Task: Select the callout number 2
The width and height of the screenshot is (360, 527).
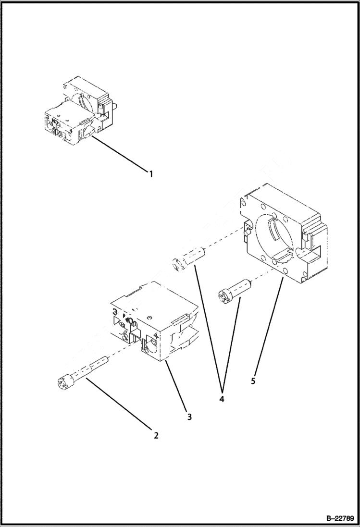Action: click(x=156, y=436)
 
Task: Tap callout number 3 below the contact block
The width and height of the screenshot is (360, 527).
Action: click(x=189, y=417)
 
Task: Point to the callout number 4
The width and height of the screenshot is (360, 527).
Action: click(x=222, y=398)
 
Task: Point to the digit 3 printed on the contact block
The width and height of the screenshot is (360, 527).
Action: click(x=115, y=313)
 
